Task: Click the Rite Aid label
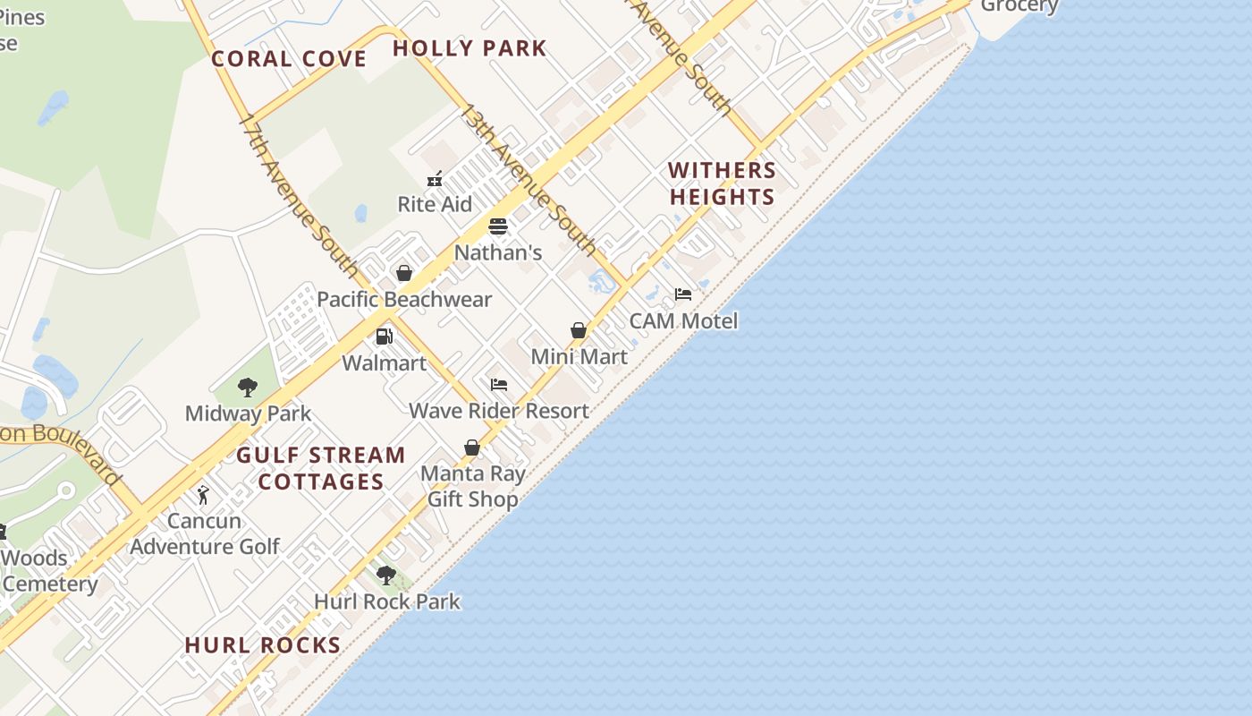(x=435, y=204)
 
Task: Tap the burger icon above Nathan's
(x=498, y=226)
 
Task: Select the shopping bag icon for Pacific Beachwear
(x=404, y=273)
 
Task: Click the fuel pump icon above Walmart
(x=385, y=337)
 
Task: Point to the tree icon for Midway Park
(x=248, y=388)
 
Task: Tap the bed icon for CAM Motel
(x=683, y=294)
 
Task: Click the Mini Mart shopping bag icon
(x=579, y=330)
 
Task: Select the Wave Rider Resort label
(x=499, y=411)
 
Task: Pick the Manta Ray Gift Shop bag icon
(x=472, y=447)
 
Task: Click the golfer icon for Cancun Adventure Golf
(x=204, y=495)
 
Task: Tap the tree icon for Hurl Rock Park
(x=386, y=575)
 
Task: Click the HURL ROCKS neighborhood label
(x=263, y=645)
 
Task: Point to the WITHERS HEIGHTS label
(x=722, y=183)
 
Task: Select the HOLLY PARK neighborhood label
(x=469, y=48)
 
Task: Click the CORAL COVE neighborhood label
(x=289, y=60)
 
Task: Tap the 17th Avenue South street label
(x=299, y=194)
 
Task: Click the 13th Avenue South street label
(x=528, y=178)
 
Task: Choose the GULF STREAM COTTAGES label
(x=321, y=468)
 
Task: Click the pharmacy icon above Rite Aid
(x=435, y=180)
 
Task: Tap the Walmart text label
(x=385, y=363)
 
